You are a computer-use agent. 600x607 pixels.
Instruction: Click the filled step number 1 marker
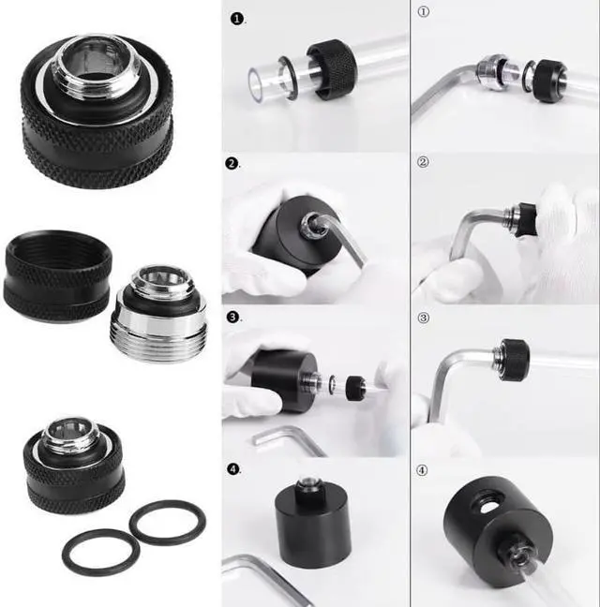pyautogui.click(x=234, y=18)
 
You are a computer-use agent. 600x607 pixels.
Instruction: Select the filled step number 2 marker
pyautogui.click(x=232, y=164)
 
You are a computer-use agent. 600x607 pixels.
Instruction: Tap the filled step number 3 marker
pyautogui.click(x=232, y=317)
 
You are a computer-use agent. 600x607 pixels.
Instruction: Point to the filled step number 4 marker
pyautogui.click(x=232, y=467)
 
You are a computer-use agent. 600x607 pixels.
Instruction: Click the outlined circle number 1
pyautogui.click(x=423, y=13)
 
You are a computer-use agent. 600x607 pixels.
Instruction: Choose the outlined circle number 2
pyautogui.click(x=423, y=162)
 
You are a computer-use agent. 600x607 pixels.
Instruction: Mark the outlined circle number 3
pyautogui.click(x=423, y=318)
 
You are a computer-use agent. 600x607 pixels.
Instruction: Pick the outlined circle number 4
pyautogui.click(x=423, y=468)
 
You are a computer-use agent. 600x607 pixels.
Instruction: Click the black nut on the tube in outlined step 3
pyautogui.click(x=513, y=360)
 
